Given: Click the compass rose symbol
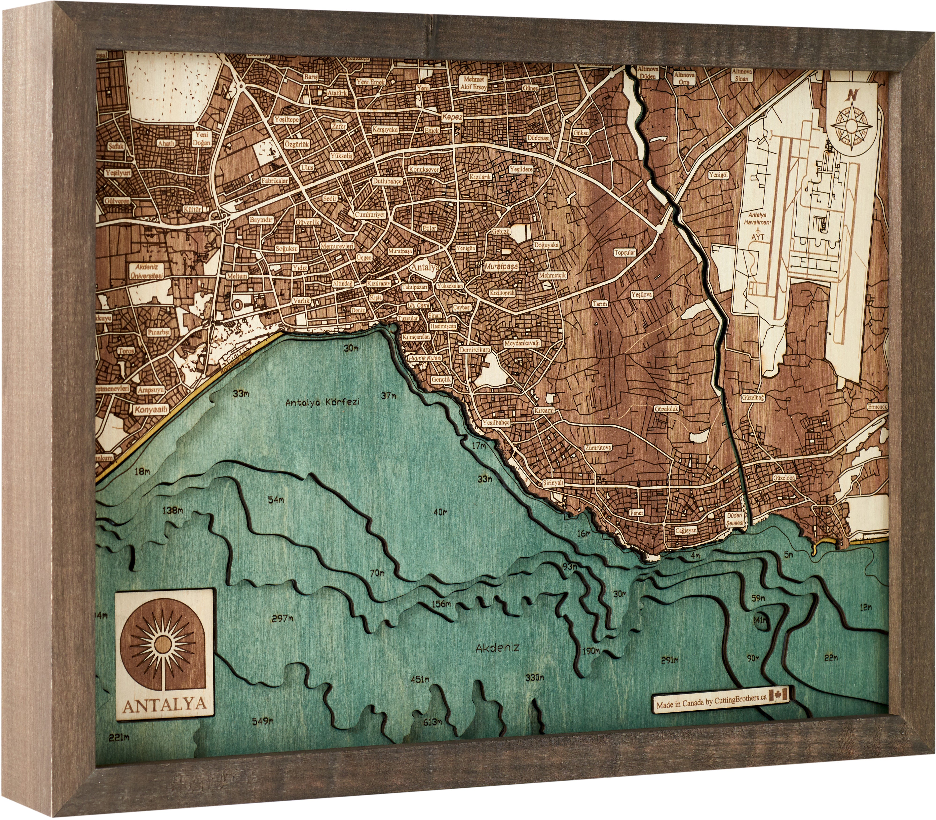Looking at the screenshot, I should pyautogui.click(x=851, y=124).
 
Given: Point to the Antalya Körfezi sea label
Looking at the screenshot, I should pyautogui.click(x=322, y=403).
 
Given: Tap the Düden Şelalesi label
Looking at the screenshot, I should pyautogui.click(x=735, y=519).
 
